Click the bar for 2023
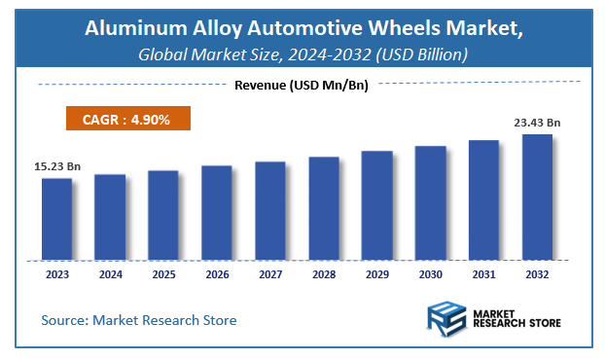point(56,219)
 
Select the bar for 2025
point(163,215)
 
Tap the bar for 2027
point(270,210)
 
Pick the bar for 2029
point(377,205)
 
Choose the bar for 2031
point(483,199)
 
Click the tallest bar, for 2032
point(537,197)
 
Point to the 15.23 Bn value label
point(53,167)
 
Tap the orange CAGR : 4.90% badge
point(127,119)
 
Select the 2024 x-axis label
point(110,275)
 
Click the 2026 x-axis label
point(217,275)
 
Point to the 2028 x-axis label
point(324,275)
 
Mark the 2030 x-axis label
point(430,275)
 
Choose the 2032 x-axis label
point(537,275)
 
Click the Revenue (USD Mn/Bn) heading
point(302,85)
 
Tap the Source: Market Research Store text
point(138,320)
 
